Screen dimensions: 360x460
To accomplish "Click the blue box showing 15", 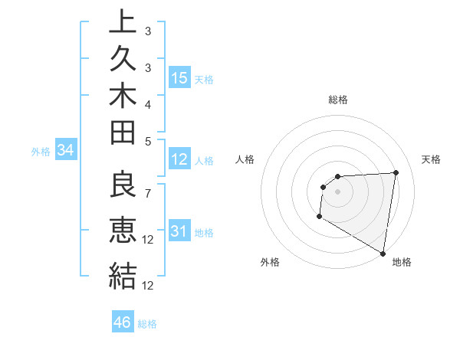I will (x=179, y=78).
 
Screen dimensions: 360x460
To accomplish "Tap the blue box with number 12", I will (x=179, y=159).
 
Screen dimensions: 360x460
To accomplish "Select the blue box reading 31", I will (x=179, y=231).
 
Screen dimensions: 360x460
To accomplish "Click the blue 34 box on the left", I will (x=66, y=151).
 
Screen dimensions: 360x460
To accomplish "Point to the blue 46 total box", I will (x=123, y=322).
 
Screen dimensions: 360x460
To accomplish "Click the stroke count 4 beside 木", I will (x=148, y=103).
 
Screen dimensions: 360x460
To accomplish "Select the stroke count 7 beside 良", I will (x=148, y=185).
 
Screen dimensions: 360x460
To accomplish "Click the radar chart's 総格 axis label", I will (x=338, y=100).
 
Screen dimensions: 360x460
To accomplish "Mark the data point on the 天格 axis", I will (x=396, y=172).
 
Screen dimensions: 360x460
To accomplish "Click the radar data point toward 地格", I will (x=383, y=254).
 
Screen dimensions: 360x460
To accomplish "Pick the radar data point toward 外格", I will (x=319, y=218).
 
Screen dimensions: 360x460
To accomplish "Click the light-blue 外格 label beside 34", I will (x=41, y=152).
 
